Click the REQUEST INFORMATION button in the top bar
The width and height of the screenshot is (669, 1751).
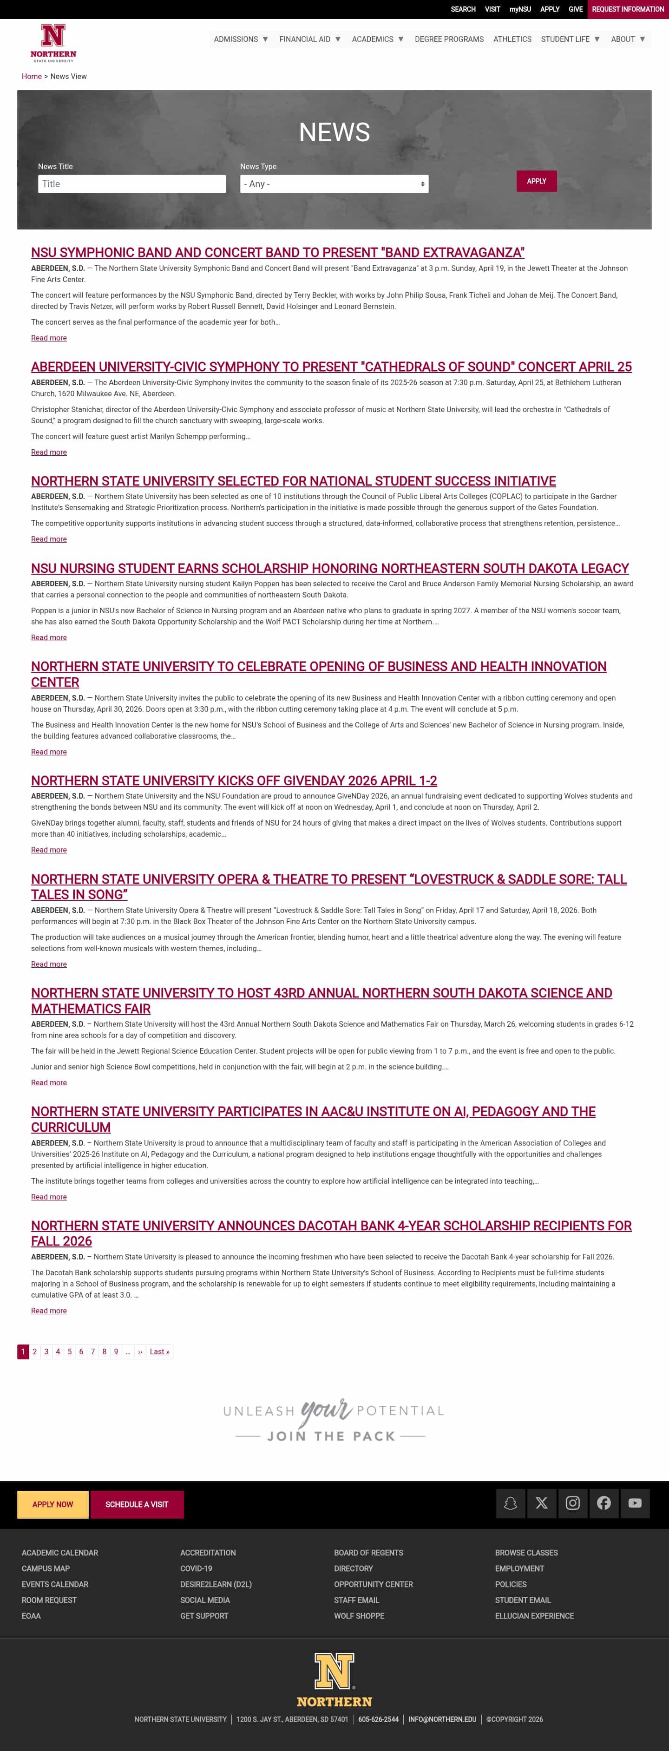(628, 9)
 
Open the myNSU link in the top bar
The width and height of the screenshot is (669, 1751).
(520, 9)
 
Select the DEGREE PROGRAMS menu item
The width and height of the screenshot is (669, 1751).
(449, 39)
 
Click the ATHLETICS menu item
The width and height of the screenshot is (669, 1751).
(512, 39)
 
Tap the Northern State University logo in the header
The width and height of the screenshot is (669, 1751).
(53, 43)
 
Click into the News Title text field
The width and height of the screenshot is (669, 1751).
(132, 184)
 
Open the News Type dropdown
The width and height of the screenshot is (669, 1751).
(334, 184)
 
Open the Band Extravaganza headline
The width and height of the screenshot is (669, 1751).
(277, 253)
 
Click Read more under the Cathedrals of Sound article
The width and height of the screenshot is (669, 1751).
(49, 453)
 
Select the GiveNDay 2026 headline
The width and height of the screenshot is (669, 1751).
(234, 781)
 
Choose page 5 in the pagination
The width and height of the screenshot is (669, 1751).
(69, 1351)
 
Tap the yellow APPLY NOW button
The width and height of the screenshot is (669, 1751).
(53, 1504)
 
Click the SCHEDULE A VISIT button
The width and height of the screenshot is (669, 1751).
(137, 1504)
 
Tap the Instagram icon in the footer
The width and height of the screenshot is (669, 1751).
(572, 1503)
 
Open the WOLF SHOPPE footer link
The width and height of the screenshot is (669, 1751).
(359, 1616)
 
